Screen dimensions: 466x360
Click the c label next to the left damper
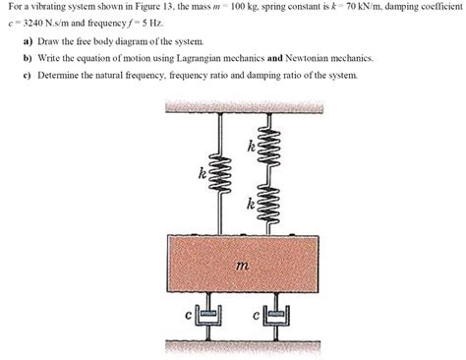pos(188,315)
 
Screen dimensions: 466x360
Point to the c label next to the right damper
pos(258,316)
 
